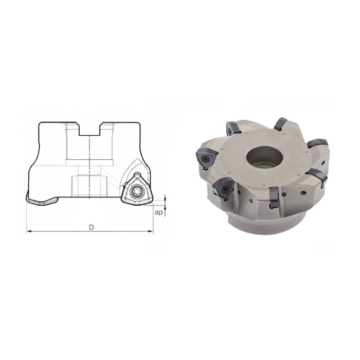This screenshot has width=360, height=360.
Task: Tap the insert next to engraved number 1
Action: (230, 126)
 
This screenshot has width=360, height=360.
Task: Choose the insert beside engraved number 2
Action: (280, 123)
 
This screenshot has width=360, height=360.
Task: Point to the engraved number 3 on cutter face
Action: (307, 152)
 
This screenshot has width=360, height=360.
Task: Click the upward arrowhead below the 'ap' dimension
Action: (166, 206)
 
